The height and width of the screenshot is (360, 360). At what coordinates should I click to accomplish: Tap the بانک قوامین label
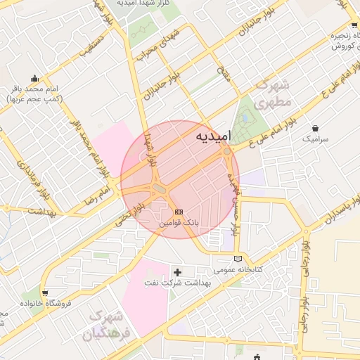tap(179, 222)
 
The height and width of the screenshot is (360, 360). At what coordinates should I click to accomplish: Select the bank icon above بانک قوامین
tap(178, 211)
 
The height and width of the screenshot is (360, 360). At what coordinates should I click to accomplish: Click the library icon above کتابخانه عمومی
tap(238, 259)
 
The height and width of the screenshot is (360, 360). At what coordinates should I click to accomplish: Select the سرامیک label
tap(315, 139)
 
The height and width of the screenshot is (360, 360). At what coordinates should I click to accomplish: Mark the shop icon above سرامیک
tap(315, 129)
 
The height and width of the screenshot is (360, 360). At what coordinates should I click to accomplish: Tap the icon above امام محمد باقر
tap(34, 78)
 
